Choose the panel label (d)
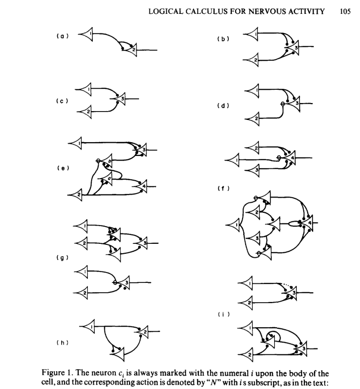(223, 105)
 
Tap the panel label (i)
(223, 313)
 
